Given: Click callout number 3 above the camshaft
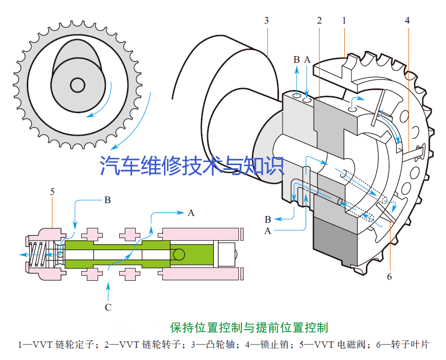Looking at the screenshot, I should coord(266,21).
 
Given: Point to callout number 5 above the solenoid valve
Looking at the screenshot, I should coord(52,192).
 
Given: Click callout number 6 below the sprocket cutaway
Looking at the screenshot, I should coord(389,277).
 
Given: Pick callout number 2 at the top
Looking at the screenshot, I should coord(319,21).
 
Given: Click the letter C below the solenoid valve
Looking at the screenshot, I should coord(108,308).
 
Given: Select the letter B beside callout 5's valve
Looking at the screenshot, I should coord(107,200).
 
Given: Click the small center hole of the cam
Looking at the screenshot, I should coord(78,84).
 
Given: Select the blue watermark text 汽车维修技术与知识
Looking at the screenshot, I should coord(192,166).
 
